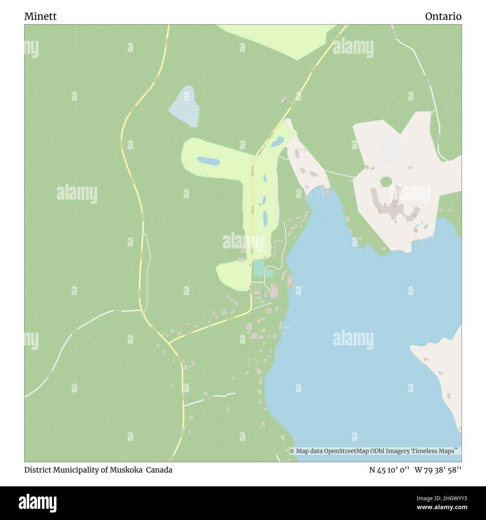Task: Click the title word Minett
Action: [x=40, y=16]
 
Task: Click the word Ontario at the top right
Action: [x=443, y=16]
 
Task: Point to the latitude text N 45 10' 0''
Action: [x=388, y=470]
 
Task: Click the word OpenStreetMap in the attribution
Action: [x=347, y=451]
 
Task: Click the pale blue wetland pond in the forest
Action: [x=185, y=105]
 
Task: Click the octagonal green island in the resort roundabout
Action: [x=385, y=183]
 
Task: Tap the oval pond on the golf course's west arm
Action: [x=208, y=161]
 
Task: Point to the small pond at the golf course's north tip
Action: [x=277, y=142]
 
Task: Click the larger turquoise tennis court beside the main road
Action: [x=258, y=268]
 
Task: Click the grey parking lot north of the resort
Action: [x=387, y=150]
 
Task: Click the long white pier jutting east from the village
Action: [x=300, y=287]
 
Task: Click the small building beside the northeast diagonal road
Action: [x=285, y=100]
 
